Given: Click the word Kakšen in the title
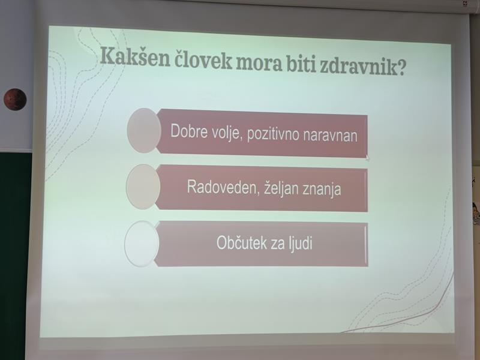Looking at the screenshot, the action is click(x=135, y=57).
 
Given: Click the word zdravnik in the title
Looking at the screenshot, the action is click(x=355, y=66).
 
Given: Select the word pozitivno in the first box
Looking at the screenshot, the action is click(x=273, y=134).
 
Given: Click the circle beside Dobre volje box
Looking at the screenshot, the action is click(x=144, y=131).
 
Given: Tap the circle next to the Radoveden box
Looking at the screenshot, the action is click(x=143, y=187).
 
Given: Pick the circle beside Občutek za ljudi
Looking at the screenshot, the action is click(x=142, y=244).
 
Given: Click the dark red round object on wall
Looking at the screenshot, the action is click(x=15, y=100).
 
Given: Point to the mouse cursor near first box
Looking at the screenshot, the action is click(x=367, y=158).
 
